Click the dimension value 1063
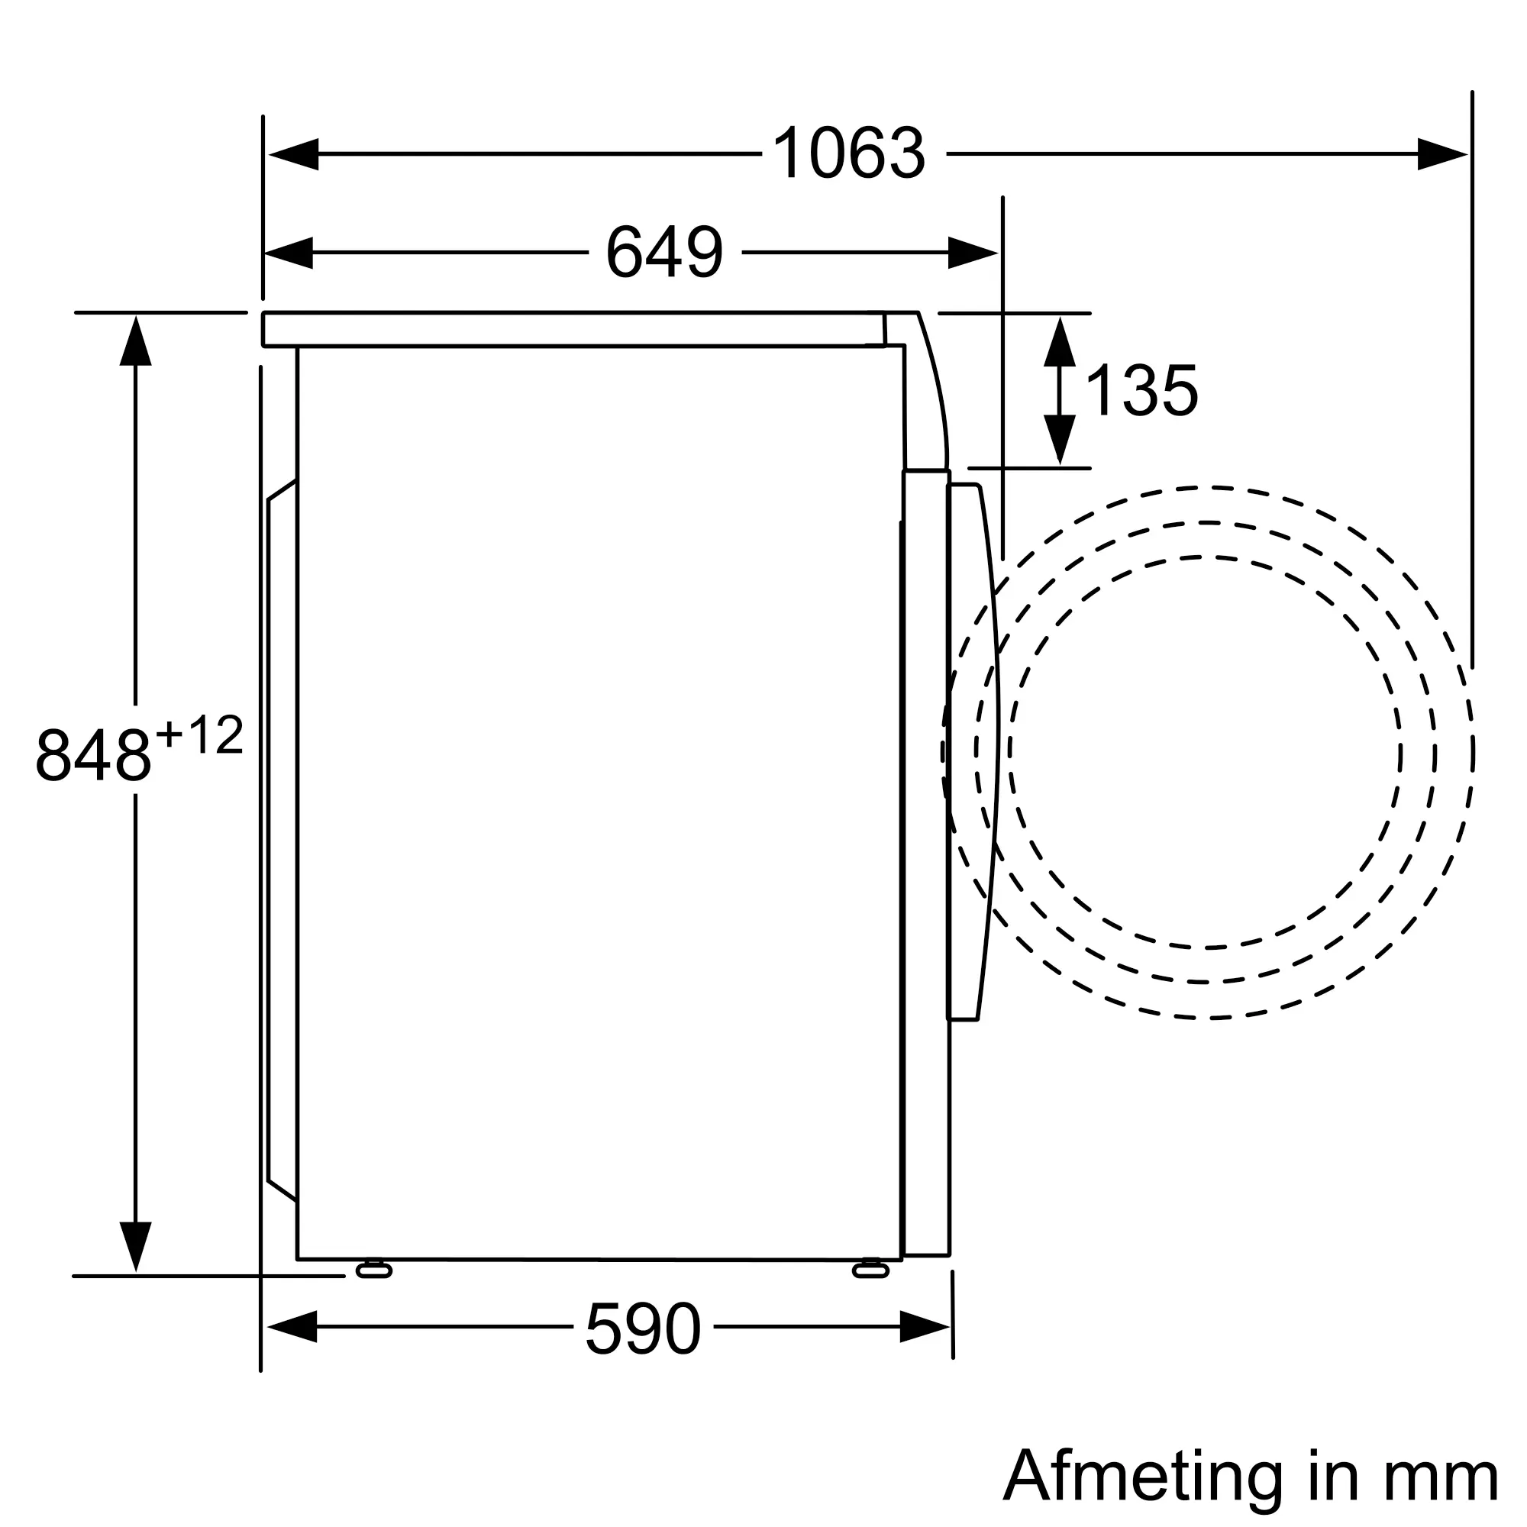point(849,153)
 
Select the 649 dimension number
point(665,252)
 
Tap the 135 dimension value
point(1142,390)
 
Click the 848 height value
point(93,756)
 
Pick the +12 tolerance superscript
point(199,735)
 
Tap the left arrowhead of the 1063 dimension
point(293,154)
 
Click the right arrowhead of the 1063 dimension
point(1442,154)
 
